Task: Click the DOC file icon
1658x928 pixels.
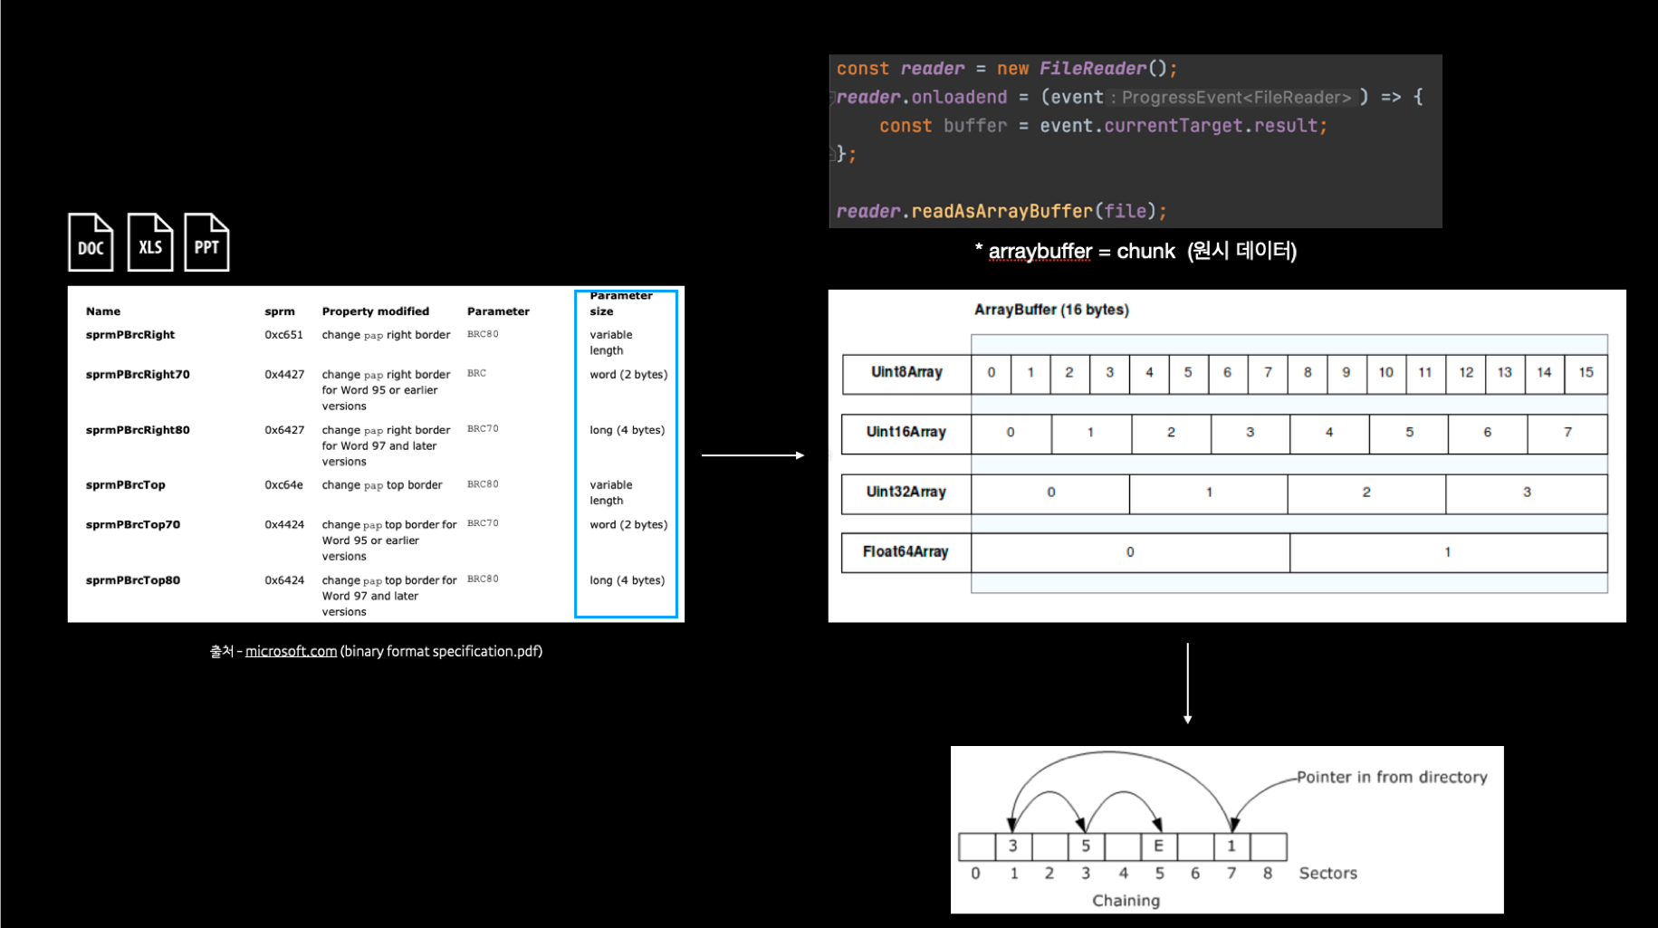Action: tap(91, 242)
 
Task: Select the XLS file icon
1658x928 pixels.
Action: tap(150, 242)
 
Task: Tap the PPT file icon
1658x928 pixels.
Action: tap(206, 242)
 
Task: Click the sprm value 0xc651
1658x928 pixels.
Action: tap(283, 335)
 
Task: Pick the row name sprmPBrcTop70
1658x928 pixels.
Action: tap(133, 525)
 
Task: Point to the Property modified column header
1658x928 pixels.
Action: tap(376, 311)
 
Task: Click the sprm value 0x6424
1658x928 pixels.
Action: tap(284, 580)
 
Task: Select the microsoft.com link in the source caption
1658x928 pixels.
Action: tap(291, 651)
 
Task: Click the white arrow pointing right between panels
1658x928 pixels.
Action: tap(753, 455)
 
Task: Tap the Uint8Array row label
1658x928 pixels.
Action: tap(906, 372)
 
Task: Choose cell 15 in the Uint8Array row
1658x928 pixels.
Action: tap(1586, 373)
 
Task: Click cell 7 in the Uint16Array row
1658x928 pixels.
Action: tap(1567, 433)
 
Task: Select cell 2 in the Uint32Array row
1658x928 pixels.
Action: tap(1366, 493)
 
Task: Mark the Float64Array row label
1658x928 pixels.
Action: tap(906, 552)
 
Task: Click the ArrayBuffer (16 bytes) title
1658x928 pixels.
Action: tap(1051, 310)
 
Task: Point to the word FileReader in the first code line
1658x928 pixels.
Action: tap(1093, 69)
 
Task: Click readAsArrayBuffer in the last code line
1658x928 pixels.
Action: tap(1002, 212)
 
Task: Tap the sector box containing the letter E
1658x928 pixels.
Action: tap(1159, 846)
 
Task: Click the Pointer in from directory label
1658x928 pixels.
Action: tap(1392, 777)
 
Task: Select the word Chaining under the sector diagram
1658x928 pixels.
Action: tap(1126, 901)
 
